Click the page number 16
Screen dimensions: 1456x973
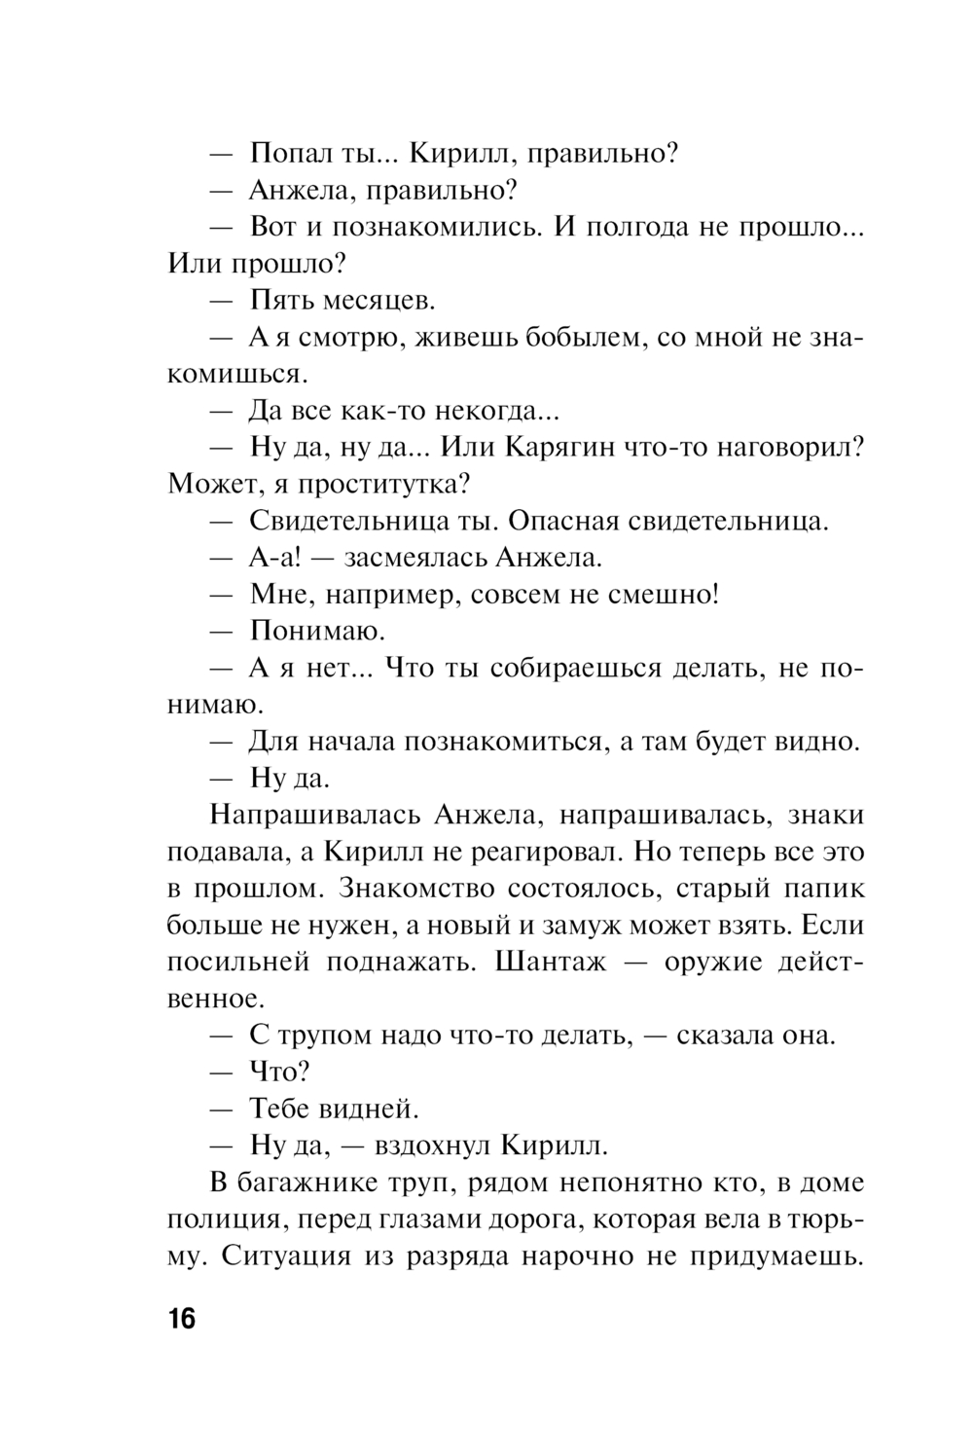[x=182, y=1321]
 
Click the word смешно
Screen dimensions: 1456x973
[x=664, y=594]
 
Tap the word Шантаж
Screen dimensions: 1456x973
[x=551, y=962]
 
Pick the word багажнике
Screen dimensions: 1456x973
[x=311, y=1183]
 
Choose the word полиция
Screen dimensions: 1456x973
[x=223, y=1220]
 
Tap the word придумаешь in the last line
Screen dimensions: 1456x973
[x=783, y=1256]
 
